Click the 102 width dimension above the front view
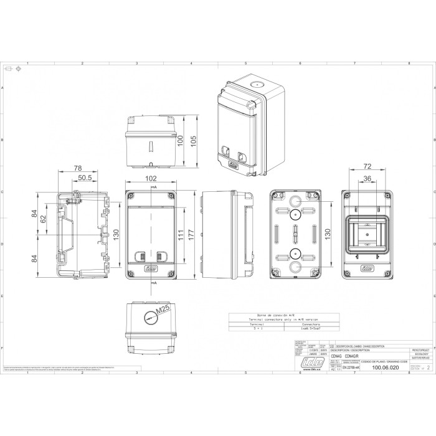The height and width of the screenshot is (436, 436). (150, 178)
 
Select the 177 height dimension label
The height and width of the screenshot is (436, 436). (192, 235)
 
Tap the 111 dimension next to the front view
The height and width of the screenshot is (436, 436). (179, 235)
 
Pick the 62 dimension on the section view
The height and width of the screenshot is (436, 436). (43, 219)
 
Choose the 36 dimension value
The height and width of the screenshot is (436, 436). (367, 179)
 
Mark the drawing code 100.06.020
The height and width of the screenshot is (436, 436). (384, 368)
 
